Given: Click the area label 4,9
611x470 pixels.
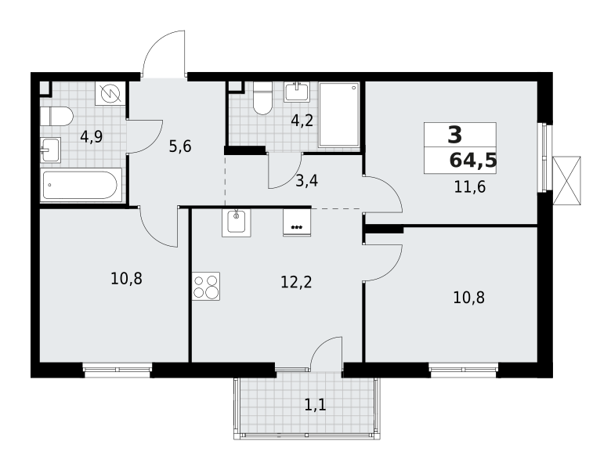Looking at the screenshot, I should (91, 136).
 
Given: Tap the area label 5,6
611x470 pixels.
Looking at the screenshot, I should (179, 146).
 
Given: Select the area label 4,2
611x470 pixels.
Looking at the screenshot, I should (302, 121).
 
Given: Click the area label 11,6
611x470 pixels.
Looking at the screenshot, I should (469, 186).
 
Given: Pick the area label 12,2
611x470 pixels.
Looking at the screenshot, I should (296, 282).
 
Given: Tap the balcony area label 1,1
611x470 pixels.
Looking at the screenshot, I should (315, 405).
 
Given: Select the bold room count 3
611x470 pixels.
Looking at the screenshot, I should (454, 135).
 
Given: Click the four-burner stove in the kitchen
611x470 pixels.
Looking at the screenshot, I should (206, 286).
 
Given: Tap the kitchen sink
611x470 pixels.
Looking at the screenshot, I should (237, 223).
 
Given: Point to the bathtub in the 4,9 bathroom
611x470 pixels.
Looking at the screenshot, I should (81, 186).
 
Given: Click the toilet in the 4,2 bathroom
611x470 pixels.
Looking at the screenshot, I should (262, 99).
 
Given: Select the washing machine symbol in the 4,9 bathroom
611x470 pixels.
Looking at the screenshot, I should (110, 93).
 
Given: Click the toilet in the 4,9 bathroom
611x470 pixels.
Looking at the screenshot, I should (56, 117).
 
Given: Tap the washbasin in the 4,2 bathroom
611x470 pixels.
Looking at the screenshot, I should (297, 92).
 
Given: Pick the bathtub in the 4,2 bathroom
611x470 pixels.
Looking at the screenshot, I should (339, 114).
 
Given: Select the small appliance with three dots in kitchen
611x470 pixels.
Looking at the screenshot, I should (297, 223).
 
